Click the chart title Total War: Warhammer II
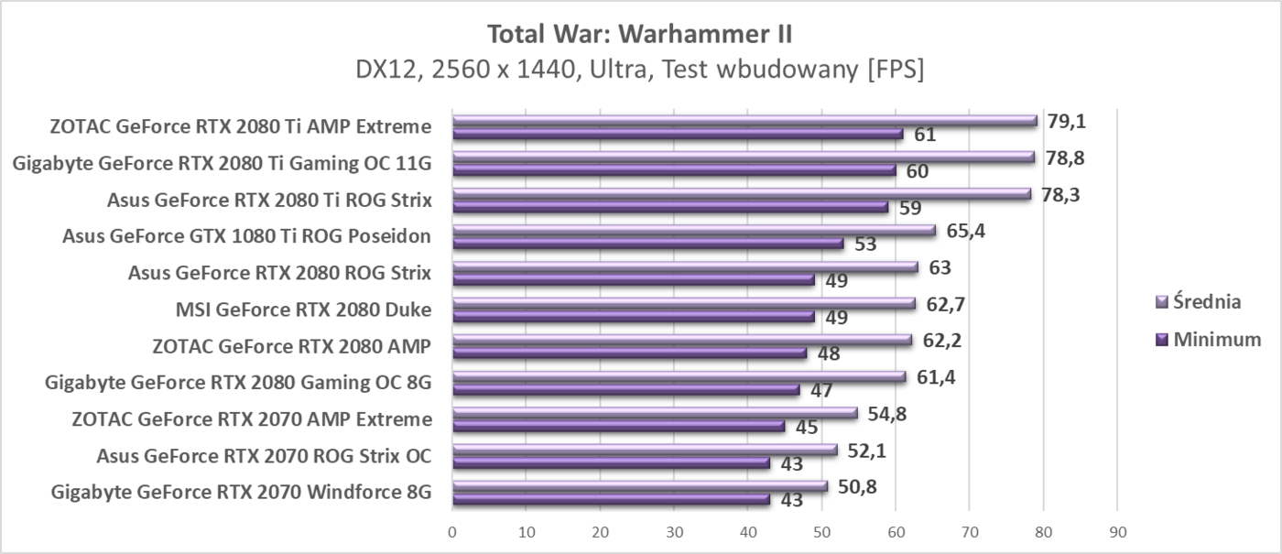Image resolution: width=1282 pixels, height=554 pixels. (x=640, y=35)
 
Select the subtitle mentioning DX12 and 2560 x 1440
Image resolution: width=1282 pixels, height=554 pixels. (x=640, y=71)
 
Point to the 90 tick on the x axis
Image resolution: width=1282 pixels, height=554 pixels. (x=1116, y=532)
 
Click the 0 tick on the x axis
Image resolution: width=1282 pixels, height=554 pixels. (x=452, y=532)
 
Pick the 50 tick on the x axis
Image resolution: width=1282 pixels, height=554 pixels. (x=821, y=532)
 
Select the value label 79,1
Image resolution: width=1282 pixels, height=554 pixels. (x=1066, y=121)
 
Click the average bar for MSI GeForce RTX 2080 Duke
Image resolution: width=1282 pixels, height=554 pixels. (x=683, y=303)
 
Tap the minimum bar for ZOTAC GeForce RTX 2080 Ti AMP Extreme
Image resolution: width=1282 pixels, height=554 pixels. (x=678, y=135)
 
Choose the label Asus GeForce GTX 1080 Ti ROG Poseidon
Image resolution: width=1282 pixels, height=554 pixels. (x=246, y=237)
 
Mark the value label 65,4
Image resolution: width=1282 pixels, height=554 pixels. (x=965, y=231)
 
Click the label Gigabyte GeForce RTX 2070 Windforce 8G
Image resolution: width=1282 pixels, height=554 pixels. (x=241, y=494)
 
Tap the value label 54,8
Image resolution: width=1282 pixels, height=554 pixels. (x=887, y=414)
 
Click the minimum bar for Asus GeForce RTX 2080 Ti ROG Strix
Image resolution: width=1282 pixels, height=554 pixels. (x=670, y=208)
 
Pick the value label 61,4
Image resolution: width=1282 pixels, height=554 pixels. (x=935, y=377)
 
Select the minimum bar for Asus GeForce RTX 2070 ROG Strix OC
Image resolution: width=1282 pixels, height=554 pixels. (x=611, y=463)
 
